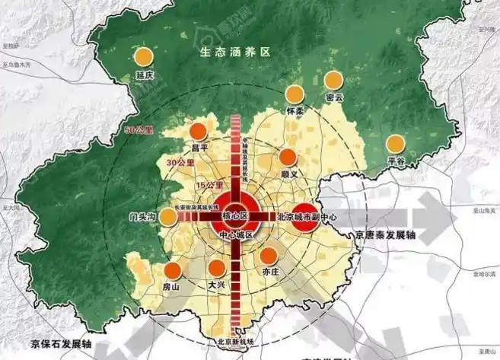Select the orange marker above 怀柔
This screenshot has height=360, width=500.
(x=295, y=94)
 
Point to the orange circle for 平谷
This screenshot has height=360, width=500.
(x=395, y=144)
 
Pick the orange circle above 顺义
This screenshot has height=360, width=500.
(x=288, y=158)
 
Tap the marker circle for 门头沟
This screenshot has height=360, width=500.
(x=168, y=216)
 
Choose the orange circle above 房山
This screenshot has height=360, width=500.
(x=172, y=269)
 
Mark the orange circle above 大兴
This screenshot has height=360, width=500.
(x=218, y=268)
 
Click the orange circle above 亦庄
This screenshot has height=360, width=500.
(x=270, y=255)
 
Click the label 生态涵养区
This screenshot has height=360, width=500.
(x=236, y=53)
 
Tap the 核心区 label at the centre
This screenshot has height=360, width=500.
(x=236, y=216)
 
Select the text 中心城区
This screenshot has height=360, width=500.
(x=236, y=235)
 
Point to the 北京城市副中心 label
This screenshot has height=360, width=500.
(x=307, y=216)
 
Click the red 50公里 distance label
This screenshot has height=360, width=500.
(x=139, y=133)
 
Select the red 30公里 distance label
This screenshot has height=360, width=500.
(x=180, y=163)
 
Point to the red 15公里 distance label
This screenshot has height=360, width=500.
(x=209, y=186)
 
